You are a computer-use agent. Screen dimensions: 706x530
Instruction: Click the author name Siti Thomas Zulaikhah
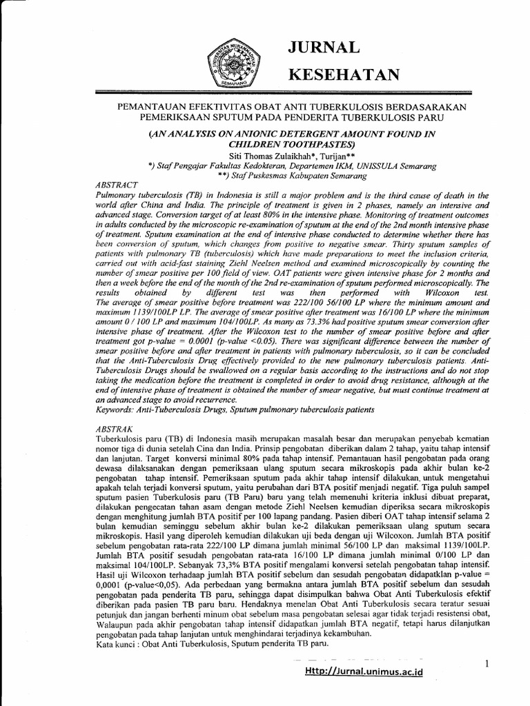253,157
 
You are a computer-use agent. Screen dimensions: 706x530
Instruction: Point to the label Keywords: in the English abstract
114,410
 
